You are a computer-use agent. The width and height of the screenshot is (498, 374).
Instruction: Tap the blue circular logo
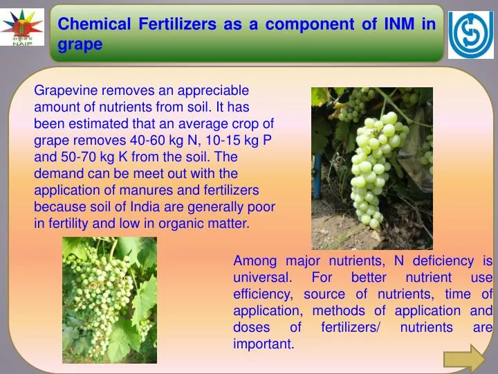(471, 35)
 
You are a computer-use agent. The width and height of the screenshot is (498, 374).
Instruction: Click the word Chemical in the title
(94, 24)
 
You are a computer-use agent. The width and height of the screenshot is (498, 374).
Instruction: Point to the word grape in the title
(80, 44)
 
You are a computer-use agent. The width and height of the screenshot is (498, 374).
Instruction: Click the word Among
(255, 261)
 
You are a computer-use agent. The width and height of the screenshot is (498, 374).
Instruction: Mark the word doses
(249, 328)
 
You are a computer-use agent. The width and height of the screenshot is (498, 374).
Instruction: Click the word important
(264, 344)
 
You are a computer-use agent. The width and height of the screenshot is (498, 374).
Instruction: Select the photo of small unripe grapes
(109, 300)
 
